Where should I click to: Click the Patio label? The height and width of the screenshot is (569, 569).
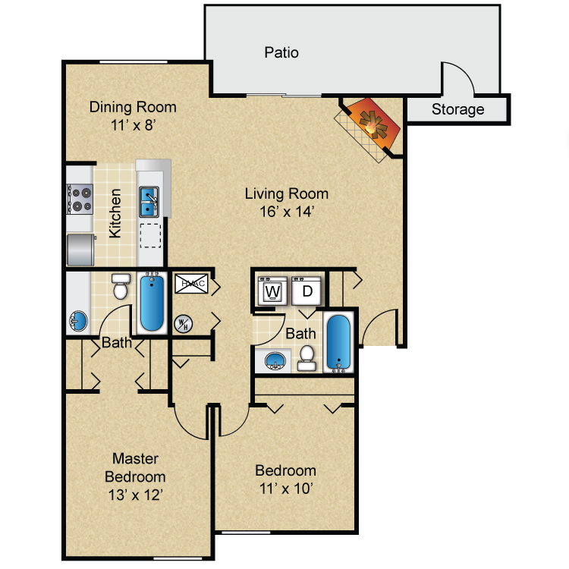tap(281, 52)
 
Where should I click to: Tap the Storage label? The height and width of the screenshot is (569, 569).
tap(457, 109)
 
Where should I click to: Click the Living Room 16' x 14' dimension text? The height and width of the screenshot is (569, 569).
tap(286, 212)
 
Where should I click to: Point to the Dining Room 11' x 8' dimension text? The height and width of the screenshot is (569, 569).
tap(133, 126)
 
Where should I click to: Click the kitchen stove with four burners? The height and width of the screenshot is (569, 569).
tap(80, 199)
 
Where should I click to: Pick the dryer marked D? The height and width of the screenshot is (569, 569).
tap(307, 291)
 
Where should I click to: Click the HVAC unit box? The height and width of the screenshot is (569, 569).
tap(190, 284)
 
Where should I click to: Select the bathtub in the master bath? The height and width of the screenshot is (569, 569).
tap(152, 303)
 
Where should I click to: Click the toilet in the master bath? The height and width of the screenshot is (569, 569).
tap(120, 288)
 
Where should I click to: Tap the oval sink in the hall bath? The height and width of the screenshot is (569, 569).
tap(275, 360)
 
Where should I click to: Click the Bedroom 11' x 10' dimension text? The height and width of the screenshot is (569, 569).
tap(285, 487)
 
